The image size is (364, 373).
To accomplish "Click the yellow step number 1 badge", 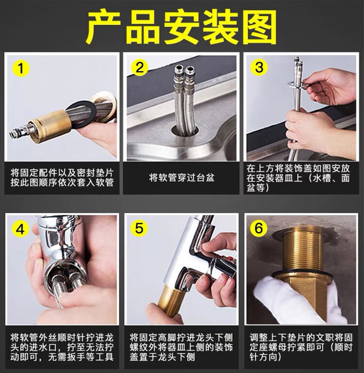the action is pyautogui.click(x=21, y=68).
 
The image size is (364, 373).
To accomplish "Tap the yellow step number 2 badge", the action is pyautogui.click(x=139, y=67).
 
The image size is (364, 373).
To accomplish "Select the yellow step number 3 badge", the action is pyautogui.click(x=259, y=67).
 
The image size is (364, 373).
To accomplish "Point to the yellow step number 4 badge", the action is pyautogui.click(x=20, y=229).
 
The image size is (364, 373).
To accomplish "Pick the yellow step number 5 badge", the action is pyautogui.click(x=139, y=228).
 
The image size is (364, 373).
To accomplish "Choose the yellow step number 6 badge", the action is pyautogui.click(x=259, y=228).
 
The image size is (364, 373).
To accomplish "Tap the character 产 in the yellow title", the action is pyautogui.click(x=103, y=27).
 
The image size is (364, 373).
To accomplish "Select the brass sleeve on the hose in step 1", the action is pyautogui.click(x=51, y=126).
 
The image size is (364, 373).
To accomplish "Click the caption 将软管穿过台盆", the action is pyautogui.click(x=182, y=178).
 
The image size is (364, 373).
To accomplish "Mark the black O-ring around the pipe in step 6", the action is pyautogui.click(x=302, y=274).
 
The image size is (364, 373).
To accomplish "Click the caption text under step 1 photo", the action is pyautogui.click(x=62, y=178).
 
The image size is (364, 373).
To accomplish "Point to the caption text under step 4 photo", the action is pyautogui.click(x=62, y=347).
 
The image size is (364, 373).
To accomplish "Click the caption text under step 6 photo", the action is pyautogui.click(x=301, y=347).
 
